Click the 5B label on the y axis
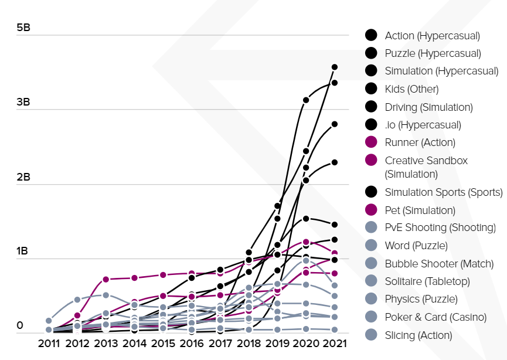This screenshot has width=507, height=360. (x=25, y=28)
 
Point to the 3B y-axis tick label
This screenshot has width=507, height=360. (x=25, y=102)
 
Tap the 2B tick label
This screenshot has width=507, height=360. (x=25, y=176)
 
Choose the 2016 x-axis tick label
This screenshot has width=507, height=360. (x=192, y=343)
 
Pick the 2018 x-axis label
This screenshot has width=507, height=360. (x=249, y=343)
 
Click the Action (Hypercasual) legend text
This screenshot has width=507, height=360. (x=432, y=36)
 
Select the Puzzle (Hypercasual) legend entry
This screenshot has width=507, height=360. (x=433, y=53)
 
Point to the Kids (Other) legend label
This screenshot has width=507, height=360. (x=411, y=89)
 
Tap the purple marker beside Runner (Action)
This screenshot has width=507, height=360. (x=370, y=142)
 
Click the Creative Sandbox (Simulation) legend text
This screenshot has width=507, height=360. (x=426, y=167)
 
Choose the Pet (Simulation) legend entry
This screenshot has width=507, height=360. (x=420, y=210)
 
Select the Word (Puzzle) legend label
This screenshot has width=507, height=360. (x=416, y=246)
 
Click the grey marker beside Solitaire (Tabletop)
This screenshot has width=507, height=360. (x=370, y=281)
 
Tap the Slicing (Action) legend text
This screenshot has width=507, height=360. (x=418, y=335)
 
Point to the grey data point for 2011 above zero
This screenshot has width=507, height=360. (x=49, y=321)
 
